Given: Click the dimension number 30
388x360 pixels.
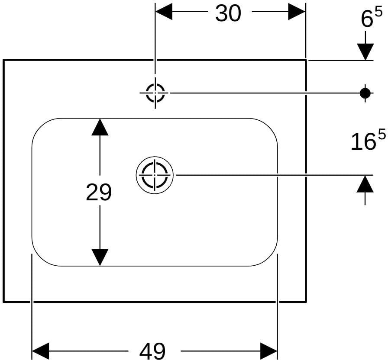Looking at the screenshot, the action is (x=228, y=13).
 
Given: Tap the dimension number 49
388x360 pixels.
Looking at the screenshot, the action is (x=152, y=351).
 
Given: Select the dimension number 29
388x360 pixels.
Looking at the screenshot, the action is (x=99, y=192).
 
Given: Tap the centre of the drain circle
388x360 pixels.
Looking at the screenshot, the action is (x=155, y=175).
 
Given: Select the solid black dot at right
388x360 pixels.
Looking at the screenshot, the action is (x=365, y=93).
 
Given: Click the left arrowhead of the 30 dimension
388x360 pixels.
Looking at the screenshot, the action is (x=164, y=12).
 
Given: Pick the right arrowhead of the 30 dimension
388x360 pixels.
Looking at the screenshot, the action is (x=297, y=12).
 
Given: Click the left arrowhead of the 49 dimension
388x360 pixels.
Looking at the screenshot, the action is (x=41, y=351).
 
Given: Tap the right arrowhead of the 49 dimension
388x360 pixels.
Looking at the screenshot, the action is (x=268, y=351).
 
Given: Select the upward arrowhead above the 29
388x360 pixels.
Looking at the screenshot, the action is (x=100, y=127).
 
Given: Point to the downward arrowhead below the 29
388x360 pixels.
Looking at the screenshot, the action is (x=100, y=257).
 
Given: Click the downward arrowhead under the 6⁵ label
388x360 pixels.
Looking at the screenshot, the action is (x=365, y=52).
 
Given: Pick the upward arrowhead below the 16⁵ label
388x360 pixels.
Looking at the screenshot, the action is (x=365, y=184).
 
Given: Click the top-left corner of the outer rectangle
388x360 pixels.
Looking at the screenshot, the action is (x=4, y=60).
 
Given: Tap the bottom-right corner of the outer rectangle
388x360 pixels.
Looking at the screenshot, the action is (x=306, y=302).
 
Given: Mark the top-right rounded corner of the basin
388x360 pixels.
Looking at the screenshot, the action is (x=269, y=127).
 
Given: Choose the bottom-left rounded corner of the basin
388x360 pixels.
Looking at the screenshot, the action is (x=41, y=257).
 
